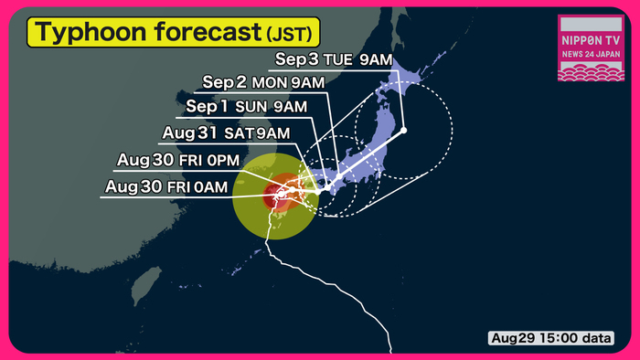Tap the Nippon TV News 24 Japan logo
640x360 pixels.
tap(592, 48)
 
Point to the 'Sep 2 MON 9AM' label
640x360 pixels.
tap(263, 83)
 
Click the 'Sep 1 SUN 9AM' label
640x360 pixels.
tap(246, 108)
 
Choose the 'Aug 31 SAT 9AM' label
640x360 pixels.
tap(226, 133)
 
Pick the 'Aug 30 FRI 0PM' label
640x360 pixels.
tap(177, 162)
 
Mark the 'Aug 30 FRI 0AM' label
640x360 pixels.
tap(165, 187)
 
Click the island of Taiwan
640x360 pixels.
tap(143, 286)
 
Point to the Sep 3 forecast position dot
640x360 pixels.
tap(403, 131)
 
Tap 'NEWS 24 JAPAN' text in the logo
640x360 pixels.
tap(592, 55)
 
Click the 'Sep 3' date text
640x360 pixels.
tap(294, 61)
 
